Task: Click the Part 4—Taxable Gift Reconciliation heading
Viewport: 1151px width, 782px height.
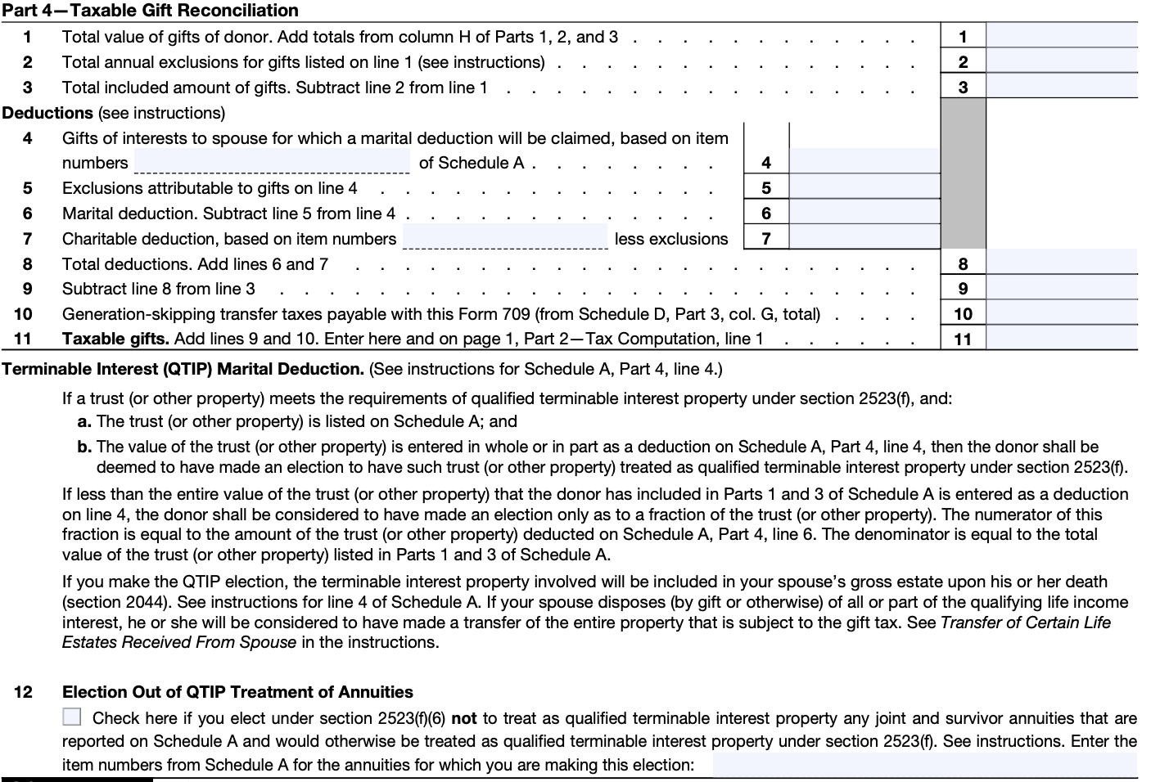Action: (151, 11)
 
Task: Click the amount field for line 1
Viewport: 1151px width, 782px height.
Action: (1061, 36)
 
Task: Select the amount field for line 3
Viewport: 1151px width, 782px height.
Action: (1061, 87)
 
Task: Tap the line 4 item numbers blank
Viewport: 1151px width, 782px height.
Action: (272, 162)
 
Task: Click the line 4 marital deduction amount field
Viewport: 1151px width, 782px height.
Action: (864, 162)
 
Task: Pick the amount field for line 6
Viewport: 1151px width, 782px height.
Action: (864, 213)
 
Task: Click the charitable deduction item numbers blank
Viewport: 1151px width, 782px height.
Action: (505, 237)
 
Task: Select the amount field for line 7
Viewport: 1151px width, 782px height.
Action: (864, 238)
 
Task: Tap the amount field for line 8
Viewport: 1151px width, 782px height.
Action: (1061, 263)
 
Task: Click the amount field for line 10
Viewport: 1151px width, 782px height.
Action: (1061, 313)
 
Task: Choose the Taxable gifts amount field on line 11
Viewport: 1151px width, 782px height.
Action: (1061, 338)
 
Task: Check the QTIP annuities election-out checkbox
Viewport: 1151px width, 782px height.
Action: (72, 717)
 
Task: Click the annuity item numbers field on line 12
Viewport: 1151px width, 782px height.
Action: (924, 765)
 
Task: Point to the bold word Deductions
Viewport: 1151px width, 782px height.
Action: (47, 113)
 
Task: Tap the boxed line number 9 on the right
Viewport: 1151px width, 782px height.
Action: (963, 289)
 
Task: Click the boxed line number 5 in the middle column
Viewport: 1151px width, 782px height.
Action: (766, 188)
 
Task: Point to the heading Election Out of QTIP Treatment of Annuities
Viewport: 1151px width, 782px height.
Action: (237, 692)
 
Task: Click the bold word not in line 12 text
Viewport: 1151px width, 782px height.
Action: (463, 718)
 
